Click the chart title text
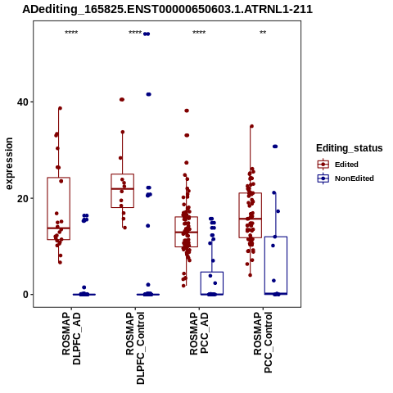167,9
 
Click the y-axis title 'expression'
9,164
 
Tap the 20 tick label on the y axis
23,198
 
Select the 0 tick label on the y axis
26,295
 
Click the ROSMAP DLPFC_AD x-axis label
71,338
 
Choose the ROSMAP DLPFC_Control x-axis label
135,348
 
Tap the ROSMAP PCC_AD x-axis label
199,333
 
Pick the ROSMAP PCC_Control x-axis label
263,342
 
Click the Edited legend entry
337,165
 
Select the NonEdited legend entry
346,178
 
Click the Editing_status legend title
350,148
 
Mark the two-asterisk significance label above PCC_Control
263,33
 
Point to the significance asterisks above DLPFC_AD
71,33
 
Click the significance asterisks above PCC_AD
199,33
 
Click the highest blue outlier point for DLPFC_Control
147,34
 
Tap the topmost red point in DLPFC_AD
60,108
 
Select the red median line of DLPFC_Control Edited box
122,188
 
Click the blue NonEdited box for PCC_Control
276,237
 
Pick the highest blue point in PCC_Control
275,147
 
